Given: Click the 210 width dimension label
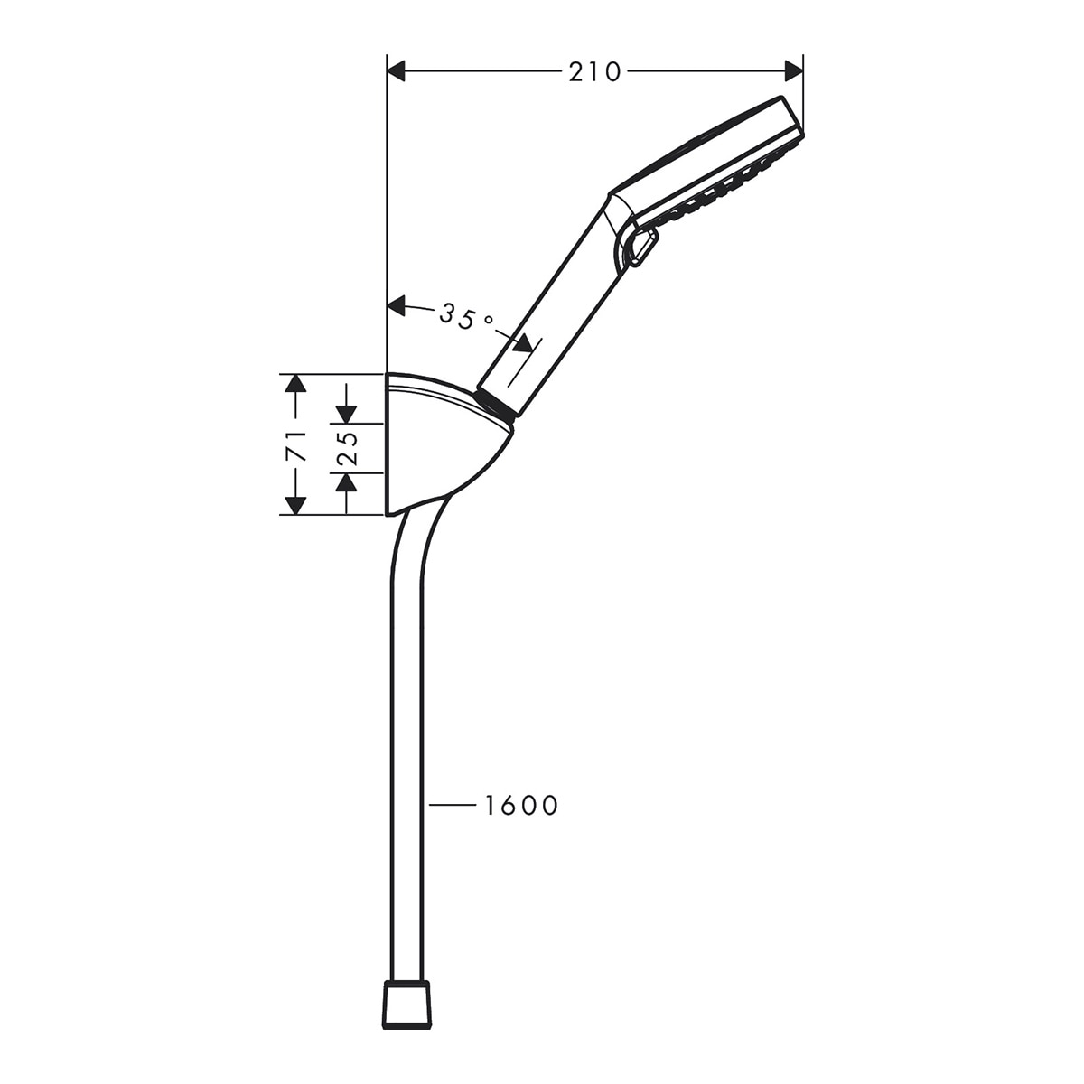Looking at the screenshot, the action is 594,72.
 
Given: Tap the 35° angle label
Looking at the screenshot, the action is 466,318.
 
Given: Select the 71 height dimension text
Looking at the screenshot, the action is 296,445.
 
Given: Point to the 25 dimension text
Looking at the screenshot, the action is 347,448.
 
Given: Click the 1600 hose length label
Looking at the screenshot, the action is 521,806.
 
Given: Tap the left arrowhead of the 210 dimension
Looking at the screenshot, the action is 397,71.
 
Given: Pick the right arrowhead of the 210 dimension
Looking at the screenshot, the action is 794,71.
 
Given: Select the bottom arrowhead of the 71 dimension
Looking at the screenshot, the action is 296,506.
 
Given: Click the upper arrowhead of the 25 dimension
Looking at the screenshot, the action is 347,414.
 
